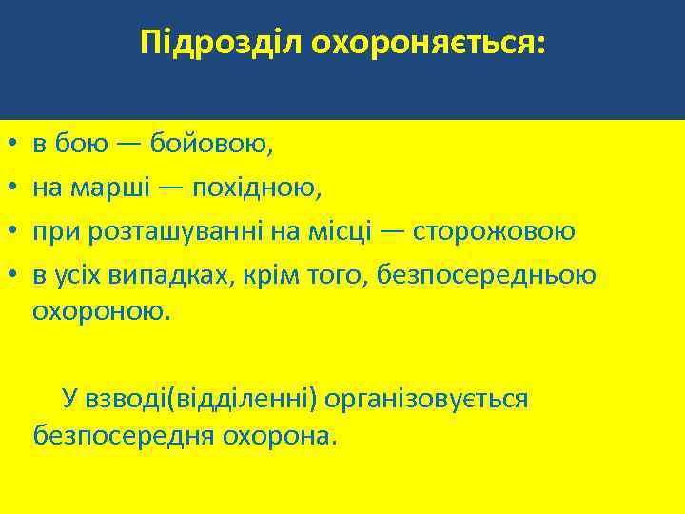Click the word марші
click(x=118, y=188)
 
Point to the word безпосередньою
click(x=486, y=275)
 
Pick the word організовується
click(x=426, y=398)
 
